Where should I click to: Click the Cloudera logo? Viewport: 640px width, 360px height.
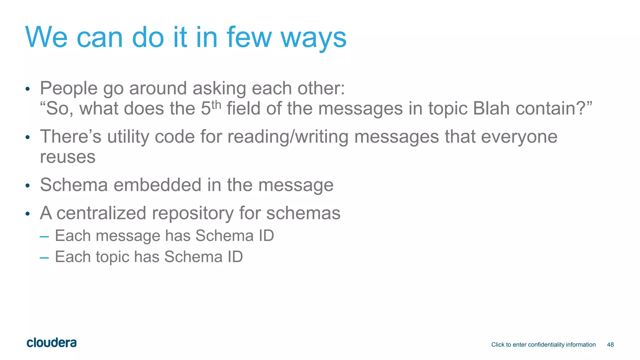[x=52, y=343]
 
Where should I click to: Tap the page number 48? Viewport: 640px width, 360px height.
[x=610, y=345]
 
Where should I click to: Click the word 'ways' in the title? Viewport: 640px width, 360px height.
[x=313, y=37]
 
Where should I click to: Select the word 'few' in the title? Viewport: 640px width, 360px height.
[x=249, y=37]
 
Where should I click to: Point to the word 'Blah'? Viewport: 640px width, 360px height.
[x=491, y=108]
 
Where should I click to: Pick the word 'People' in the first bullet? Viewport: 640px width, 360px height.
[x=69, y=88]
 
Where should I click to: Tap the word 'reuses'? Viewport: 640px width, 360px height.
[x=68, y=157]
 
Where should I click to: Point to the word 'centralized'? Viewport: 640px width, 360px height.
[x=101, y=213]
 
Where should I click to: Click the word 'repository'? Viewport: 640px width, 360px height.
[x=192, y=213]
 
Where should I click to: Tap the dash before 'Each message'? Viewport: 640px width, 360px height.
[x=44, y=237]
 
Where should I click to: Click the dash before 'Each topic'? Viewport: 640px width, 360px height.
[x=44, y=258]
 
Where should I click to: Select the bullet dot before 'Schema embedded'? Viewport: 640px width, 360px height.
[x=27, y=186]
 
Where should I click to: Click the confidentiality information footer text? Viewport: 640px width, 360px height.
[x=543, y=345]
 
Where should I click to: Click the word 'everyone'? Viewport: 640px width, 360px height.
[x=519, y=137]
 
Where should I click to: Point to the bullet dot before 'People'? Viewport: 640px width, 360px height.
[x=27, y=89]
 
